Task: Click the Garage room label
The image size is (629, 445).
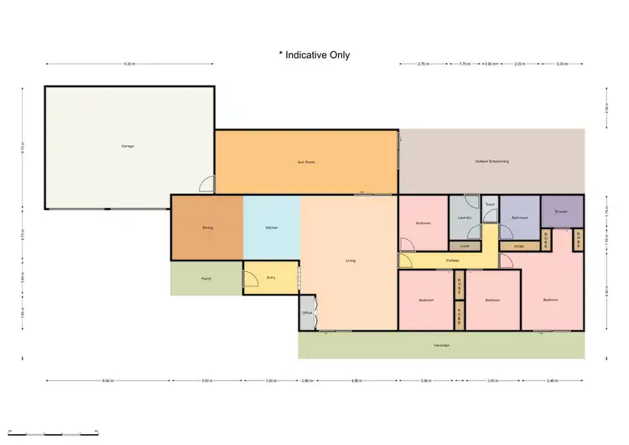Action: [x=127, y=146]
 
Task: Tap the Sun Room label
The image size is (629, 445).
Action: [x=305, y=161]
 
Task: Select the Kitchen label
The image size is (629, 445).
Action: [x=272, y=228]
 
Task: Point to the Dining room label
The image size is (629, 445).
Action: [x=207, y=228]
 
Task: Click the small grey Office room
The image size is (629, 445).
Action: [x=307, y=313]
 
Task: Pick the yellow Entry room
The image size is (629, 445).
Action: [x=271, y=277]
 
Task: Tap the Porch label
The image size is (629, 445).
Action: [x=205, y=278]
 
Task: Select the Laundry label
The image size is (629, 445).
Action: [x=465, y=218]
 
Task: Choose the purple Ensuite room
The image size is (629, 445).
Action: [x=561, y=212]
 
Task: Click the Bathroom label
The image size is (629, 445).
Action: [x=518, y=218]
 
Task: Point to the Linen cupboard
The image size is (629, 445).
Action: [x=465, y=246]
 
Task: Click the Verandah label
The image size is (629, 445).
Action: [x=441, y=345]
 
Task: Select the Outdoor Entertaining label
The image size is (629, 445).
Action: [x=491, y=161]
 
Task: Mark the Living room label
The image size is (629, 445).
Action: [x=351, y=261]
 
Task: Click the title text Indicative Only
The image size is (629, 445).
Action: [x=314, y=55]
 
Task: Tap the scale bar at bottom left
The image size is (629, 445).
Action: [x=63, y=434]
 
